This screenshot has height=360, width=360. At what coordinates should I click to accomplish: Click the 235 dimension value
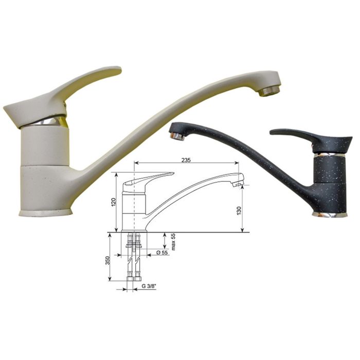(x=186, y=160)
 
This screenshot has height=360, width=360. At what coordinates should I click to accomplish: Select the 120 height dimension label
(x=114, y=202)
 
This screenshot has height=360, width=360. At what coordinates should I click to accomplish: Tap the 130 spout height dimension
(x=239, y=211)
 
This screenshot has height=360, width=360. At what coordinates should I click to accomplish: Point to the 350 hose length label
(x=107, y=261)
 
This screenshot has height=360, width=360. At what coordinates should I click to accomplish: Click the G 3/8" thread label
(x=149, y=286)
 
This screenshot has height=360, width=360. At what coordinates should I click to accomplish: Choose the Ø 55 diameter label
(x=162, y=253)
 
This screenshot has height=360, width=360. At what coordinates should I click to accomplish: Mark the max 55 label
(x=173, y=242)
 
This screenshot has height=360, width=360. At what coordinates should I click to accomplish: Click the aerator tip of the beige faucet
(x=269, y=91)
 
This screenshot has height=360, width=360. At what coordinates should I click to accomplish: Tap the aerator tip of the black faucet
(x=177, y=136)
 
